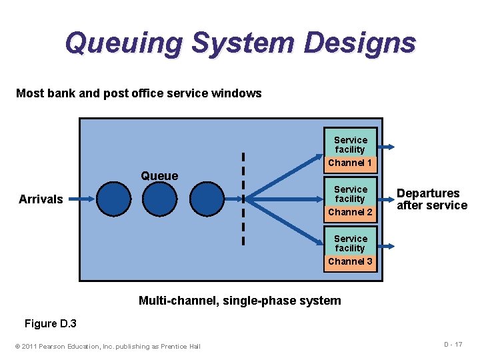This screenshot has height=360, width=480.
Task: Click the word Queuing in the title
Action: pos(123,43)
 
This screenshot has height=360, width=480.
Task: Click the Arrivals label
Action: pos(41,199)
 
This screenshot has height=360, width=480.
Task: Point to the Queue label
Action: pos(159,176)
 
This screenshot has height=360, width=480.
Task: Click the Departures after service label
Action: pos(431,199)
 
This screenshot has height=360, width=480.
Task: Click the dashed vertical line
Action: pos(243,199)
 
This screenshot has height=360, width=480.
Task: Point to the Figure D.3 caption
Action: pos(51,324)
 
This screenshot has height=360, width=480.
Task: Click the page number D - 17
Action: pos(453,344)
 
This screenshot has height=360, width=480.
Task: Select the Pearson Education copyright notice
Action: pos(107,345)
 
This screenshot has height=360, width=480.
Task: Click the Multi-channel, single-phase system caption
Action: pos(239,301)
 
